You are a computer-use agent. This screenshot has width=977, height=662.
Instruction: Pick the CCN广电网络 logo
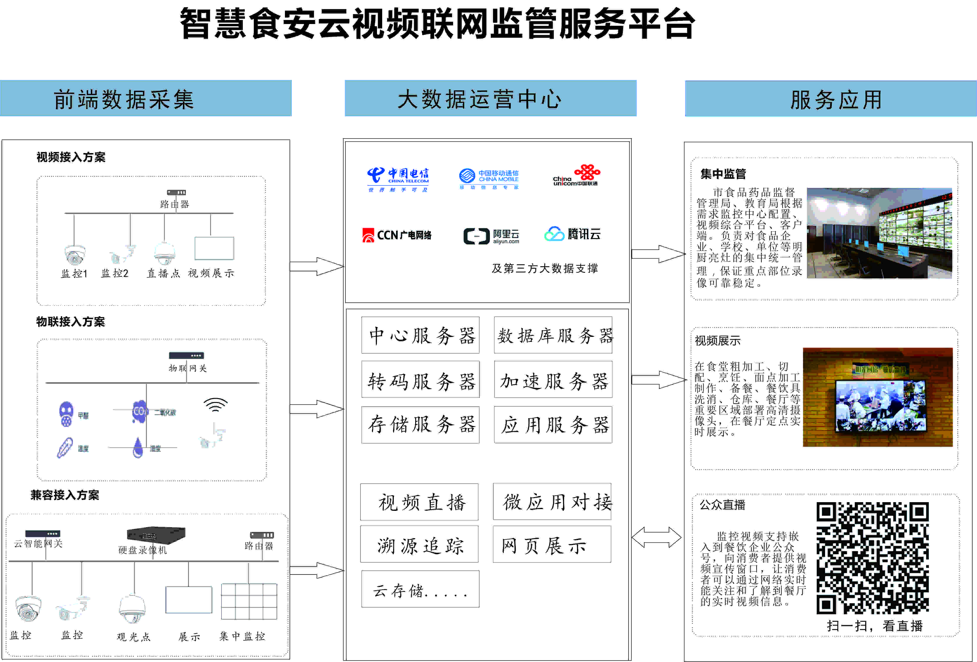(397, 235)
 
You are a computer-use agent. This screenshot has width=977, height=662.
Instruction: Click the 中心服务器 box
(420, 335)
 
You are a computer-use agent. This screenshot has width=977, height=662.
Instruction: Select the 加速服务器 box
(553, 380)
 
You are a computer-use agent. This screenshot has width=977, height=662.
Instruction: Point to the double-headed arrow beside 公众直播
(656, 537)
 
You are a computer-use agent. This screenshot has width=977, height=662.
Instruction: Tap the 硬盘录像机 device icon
(156, 534)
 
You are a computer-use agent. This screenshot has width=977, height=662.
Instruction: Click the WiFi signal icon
(216, 405)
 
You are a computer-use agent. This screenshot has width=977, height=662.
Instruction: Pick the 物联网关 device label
(187, 368)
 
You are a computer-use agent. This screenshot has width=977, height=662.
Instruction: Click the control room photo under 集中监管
(879, 233)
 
